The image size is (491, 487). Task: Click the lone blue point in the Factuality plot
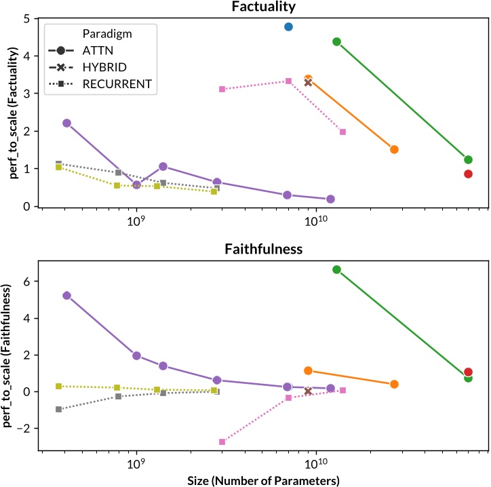(288, 26)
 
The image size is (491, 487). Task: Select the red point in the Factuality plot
(468, 174)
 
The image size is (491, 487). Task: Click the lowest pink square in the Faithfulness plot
(222, 442)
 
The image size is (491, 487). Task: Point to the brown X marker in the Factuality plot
(309, 82)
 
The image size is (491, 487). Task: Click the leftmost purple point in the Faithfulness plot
(66, 295)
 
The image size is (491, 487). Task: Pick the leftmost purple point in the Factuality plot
(66, 123)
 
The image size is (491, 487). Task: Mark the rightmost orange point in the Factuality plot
(394, 149)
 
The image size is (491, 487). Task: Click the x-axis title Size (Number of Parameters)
(264, 480)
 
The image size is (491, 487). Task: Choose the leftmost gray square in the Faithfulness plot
(59, 409)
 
